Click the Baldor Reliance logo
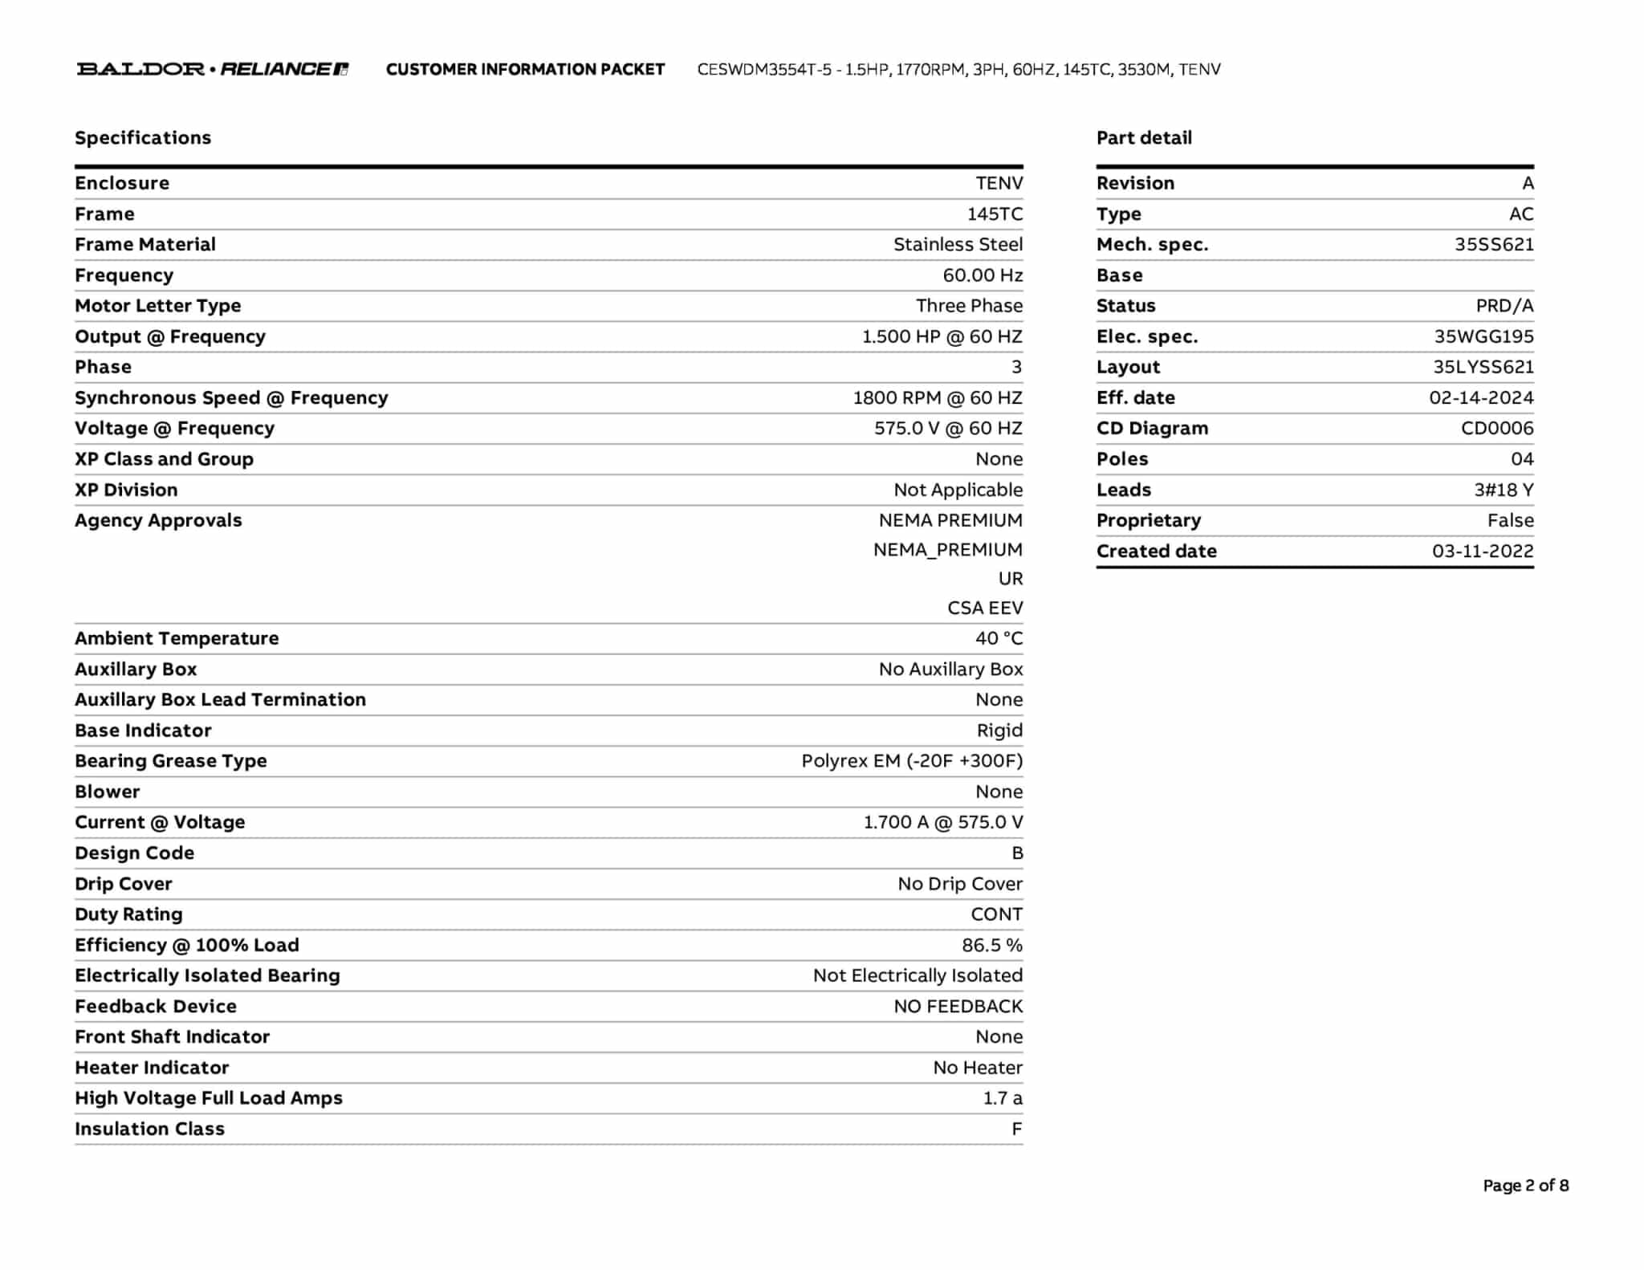213,69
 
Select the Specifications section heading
143,138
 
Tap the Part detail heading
1144,138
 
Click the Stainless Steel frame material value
958,245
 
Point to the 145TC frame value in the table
995,214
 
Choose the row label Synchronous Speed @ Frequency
231,398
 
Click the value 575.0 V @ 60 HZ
948,429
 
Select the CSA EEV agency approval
985,609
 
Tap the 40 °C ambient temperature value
999,639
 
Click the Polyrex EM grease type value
912,761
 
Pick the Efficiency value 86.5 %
992,946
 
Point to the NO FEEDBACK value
958,1007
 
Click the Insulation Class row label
150,1130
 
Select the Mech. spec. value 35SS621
1494,245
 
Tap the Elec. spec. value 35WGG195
1483,337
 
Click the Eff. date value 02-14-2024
1481,398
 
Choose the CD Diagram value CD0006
1497,429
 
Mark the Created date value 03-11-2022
1483,552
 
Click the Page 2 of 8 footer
1525,1186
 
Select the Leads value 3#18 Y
1504,490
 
